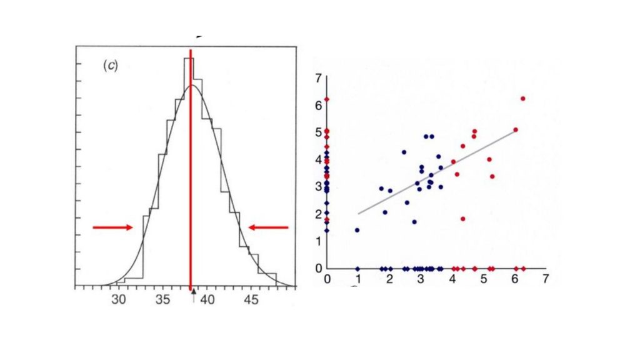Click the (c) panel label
(x=109, y=67)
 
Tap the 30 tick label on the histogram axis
(x=119, y=299)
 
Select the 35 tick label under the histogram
(x=163, y=299)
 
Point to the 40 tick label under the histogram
(x=207, y=299)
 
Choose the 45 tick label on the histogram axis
(x=251, y=299)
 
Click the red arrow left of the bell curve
(x=113, y=227)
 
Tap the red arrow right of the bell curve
(x=269, y=227)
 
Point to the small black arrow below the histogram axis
(x=194, y=293)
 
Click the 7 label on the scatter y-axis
(x=318, y=78)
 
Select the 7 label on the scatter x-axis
(x=546, y=279)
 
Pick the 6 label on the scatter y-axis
(x=318, y=106)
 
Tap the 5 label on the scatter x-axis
(x=484, y=279)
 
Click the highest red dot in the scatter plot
(x=522, y=99)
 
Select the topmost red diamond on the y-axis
(x=327, y=99)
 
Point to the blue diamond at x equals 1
(x=357, y=269)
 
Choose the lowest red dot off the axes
(x=463, y=219)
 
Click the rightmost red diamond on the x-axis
(x=523, y=269)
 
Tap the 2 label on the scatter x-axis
(x=389, y=279)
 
